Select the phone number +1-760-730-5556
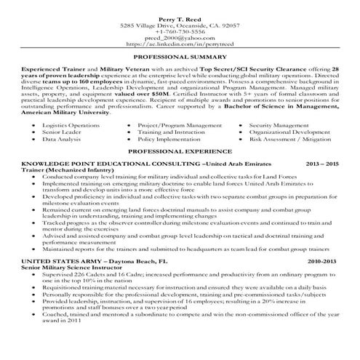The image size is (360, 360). (x=180, y=31)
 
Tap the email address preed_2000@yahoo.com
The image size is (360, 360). (x=180, y=38)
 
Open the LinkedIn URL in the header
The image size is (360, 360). (x=180, y=45)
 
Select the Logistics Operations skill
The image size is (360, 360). (x=71, y=125)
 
